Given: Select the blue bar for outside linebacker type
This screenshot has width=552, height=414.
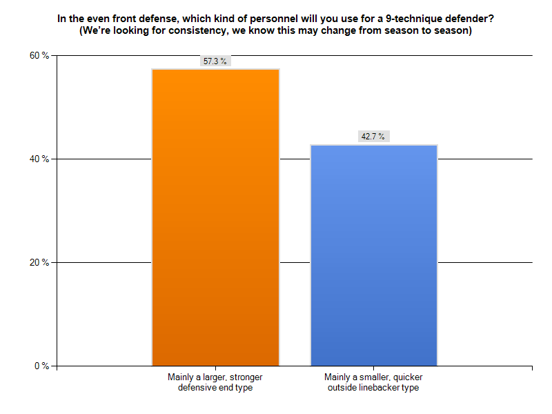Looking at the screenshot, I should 374,255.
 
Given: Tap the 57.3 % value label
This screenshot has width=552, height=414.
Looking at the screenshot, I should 215,61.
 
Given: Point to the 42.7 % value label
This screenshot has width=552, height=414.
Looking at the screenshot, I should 374,137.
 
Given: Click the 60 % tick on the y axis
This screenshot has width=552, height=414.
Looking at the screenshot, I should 39,55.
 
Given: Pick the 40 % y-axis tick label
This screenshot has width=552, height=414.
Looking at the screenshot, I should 39,159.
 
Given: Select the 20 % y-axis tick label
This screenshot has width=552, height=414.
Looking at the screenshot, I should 39,262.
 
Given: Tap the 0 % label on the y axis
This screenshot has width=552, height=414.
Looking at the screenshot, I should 41,366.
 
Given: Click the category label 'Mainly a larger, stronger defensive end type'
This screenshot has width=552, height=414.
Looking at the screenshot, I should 215,382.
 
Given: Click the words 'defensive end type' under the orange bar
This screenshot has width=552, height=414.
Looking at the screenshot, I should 215,388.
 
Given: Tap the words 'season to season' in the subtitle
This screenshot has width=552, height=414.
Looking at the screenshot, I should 429,31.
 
